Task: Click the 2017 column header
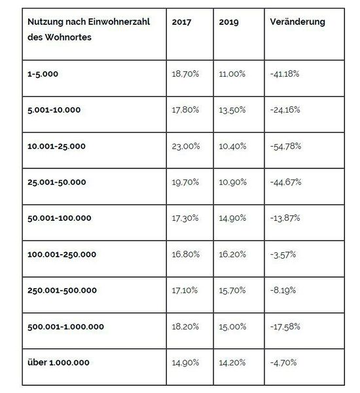(181, 22)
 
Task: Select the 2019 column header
(230, 22)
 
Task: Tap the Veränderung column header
(297, 22)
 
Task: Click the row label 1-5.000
(43, 75)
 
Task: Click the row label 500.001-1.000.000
(65, 326)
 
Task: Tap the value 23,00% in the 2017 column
(185, 145)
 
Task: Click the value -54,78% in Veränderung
(285, 145)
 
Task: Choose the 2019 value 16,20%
(232, 254)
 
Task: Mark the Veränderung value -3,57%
(283, 254)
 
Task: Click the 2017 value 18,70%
(185, 75)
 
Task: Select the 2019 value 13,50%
(232, 110)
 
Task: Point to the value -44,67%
(285, 181)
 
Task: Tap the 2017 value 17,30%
(185, 217)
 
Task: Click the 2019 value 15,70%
(232, 290)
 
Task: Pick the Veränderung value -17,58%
(285, 326)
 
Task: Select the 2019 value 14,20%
(232, 362)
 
